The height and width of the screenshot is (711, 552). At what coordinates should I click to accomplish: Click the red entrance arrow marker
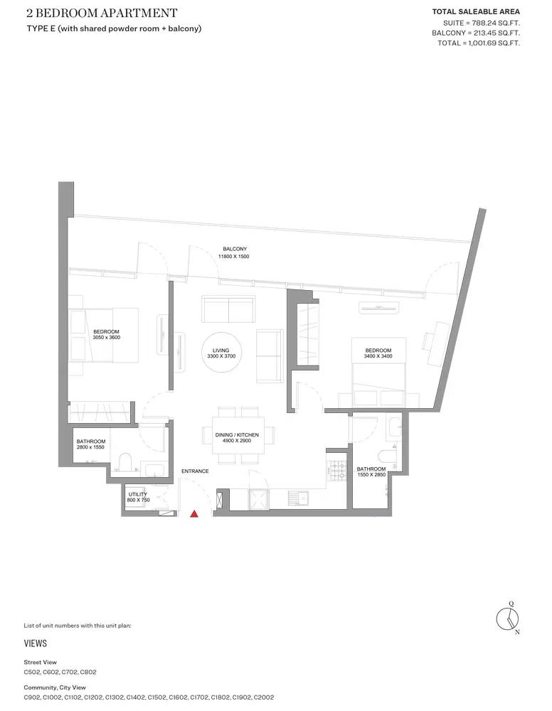(x=194, y=514)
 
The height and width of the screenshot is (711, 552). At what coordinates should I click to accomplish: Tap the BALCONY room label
(x=235, y=249)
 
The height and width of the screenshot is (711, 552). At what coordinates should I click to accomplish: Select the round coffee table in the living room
(x=221, y=353)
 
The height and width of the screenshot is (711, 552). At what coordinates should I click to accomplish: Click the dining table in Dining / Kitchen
(x=238, y=435)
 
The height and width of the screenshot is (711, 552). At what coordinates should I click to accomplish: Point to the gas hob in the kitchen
(x=337, y=471)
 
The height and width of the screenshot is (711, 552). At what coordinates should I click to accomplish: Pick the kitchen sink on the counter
(x=297, y=498)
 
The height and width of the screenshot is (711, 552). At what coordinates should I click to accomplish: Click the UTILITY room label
(x=138, y=494)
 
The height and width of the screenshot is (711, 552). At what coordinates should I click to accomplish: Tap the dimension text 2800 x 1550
(x=91, y=447)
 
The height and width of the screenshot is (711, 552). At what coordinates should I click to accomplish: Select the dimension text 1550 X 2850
(x=371, y=475)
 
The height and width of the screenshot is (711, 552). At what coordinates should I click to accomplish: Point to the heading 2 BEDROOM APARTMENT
(x=102, y=13)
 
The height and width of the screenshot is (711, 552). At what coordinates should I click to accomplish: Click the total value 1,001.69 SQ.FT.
(x=492, y=43)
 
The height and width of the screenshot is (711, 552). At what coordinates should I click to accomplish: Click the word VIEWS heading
(x=36, y=643)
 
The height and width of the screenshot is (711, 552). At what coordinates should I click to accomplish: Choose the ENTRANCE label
(x=195, y=471)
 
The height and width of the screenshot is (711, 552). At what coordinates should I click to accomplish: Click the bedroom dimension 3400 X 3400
(x=378, y=356)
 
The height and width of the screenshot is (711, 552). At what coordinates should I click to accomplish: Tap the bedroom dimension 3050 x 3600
(x=107, y=337)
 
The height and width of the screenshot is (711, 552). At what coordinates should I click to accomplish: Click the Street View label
(x=41, y=662)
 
